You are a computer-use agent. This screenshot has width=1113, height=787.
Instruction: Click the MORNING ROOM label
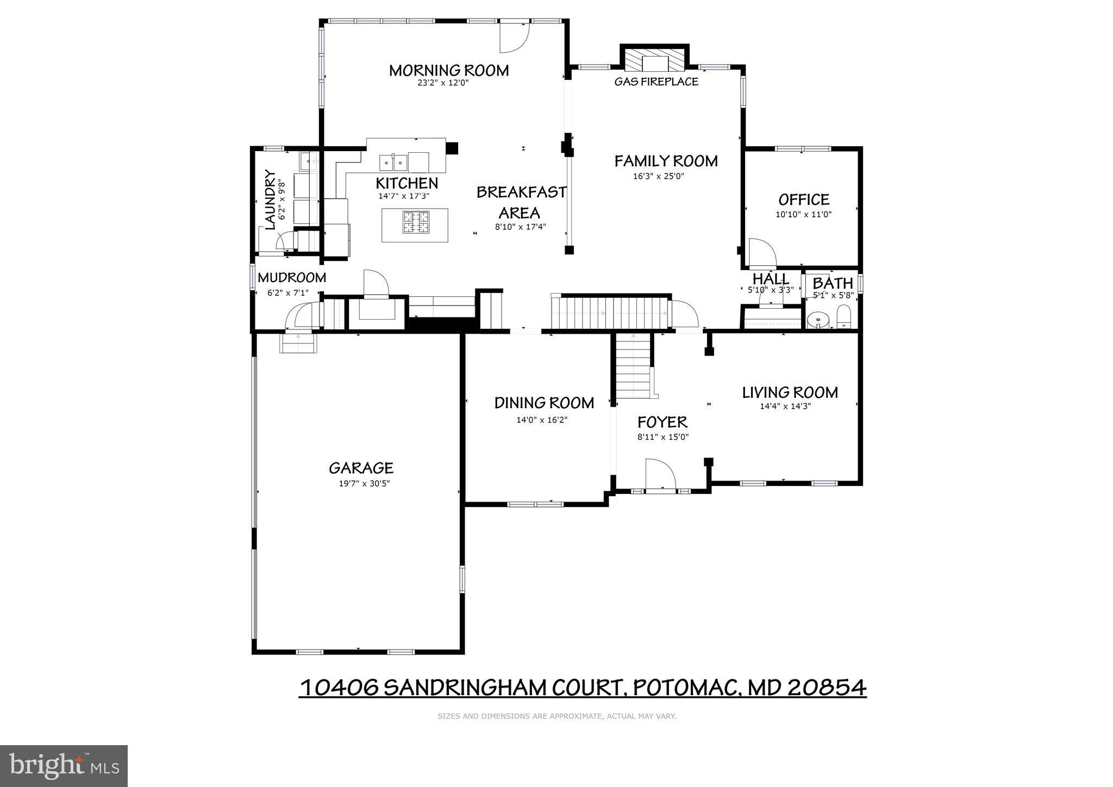[x=449, y=71]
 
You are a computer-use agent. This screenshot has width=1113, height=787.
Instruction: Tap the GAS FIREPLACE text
[x=656, y=82]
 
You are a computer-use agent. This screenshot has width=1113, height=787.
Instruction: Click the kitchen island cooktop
[x=416, y=222]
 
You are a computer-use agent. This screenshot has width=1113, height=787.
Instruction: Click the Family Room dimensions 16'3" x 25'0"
[x=658, y=176]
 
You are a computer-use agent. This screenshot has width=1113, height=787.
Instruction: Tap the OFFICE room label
[x=804, y=199]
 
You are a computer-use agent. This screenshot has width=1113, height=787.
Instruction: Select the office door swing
[x=762, y=253]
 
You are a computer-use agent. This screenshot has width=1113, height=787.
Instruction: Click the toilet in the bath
[x=843, y=317]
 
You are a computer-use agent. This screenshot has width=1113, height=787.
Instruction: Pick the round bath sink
[x=817, y=320]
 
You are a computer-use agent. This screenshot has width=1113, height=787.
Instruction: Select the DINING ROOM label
[x=544, y=403]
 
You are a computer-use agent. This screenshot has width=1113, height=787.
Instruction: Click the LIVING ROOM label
[x=790, y=392]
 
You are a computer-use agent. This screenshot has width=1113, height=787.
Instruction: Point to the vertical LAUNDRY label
[x=270, y=199]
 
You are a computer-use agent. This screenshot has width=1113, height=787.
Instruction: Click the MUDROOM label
[x=292, y=278]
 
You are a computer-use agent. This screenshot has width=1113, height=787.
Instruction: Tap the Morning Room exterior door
[x=514, y=37]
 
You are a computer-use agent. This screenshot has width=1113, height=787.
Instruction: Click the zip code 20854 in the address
[x=827, y=688]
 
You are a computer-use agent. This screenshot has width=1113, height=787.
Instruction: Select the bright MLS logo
[x=64, y=766]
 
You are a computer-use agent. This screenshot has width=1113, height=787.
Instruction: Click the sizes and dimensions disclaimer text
[x=556, y=716]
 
